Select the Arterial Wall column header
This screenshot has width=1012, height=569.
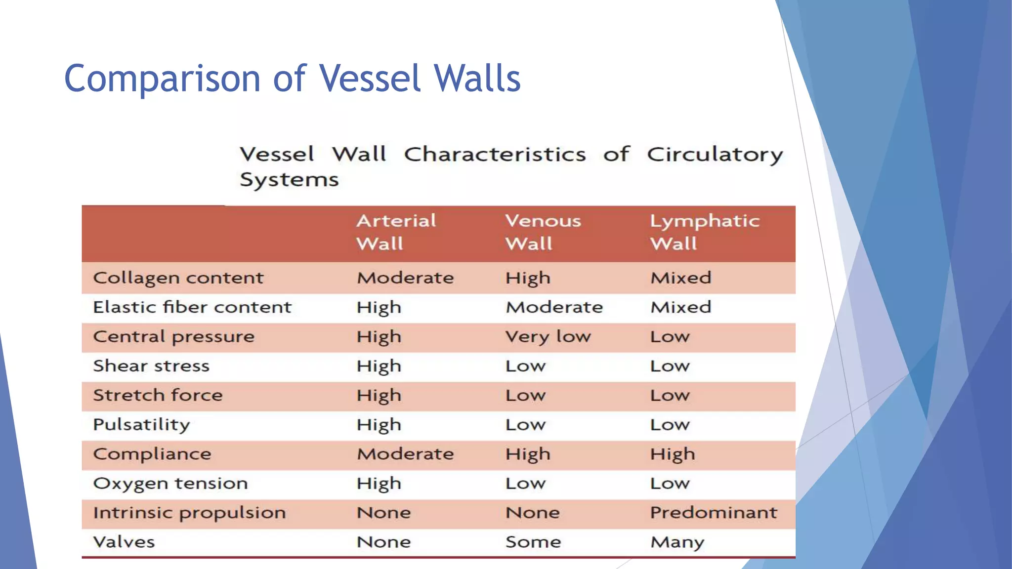396,232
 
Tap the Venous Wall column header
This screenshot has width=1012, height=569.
543,232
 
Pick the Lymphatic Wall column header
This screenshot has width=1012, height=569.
704,232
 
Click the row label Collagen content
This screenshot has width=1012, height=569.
178,278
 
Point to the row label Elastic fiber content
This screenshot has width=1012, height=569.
192,307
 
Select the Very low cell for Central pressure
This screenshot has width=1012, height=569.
548,337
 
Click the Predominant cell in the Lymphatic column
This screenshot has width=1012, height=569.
713,513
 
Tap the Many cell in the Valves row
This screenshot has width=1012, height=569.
677,542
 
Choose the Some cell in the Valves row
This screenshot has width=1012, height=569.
533,542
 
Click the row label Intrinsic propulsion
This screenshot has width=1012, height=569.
189,513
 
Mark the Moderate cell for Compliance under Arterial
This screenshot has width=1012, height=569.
405,454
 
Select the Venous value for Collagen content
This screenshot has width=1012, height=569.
528,278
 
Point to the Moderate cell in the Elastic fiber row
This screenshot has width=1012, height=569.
554,307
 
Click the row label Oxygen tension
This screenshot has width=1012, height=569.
170,484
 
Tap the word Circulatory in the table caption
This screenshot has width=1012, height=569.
715,155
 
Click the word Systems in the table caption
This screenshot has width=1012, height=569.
289,180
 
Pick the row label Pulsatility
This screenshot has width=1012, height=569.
141,425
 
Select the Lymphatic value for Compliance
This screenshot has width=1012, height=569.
672,454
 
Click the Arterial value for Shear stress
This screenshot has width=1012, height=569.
379,366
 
